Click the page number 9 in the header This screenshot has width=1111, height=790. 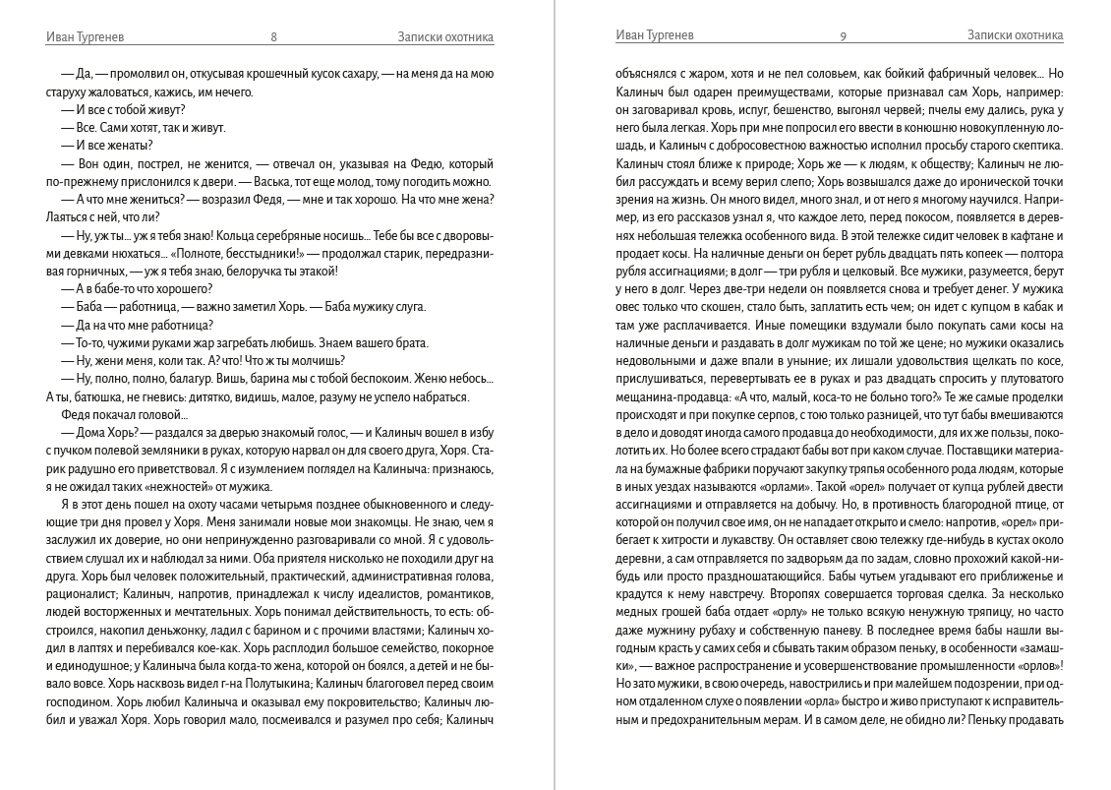(843, 37)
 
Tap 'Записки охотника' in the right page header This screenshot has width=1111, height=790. (1015, 35)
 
